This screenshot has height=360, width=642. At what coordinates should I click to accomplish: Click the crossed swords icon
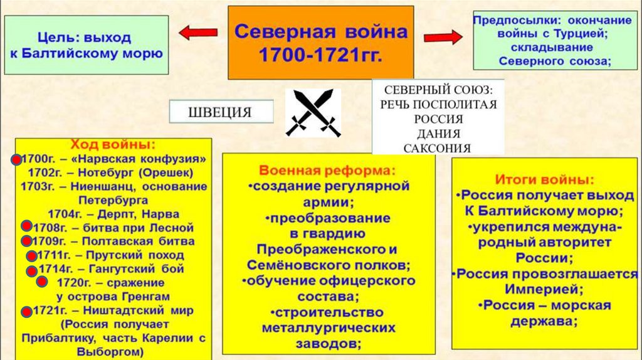tap(313, 113)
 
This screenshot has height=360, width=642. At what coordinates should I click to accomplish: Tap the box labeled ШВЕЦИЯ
tap(220, 113)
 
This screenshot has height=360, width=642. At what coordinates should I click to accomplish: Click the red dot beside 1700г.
tap(14, 159)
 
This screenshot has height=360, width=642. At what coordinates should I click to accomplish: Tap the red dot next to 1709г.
tap(26, 241)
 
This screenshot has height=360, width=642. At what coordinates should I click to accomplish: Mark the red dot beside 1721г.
tap(26, 312)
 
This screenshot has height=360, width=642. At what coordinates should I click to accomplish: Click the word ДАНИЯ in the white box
tap(438, 134)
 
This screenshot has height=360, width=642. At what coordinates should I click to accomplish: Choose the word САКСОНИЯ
tap(438, 148)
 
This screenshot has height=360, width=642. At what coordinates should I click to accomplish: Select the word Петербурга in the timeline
tap(113, 201)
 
